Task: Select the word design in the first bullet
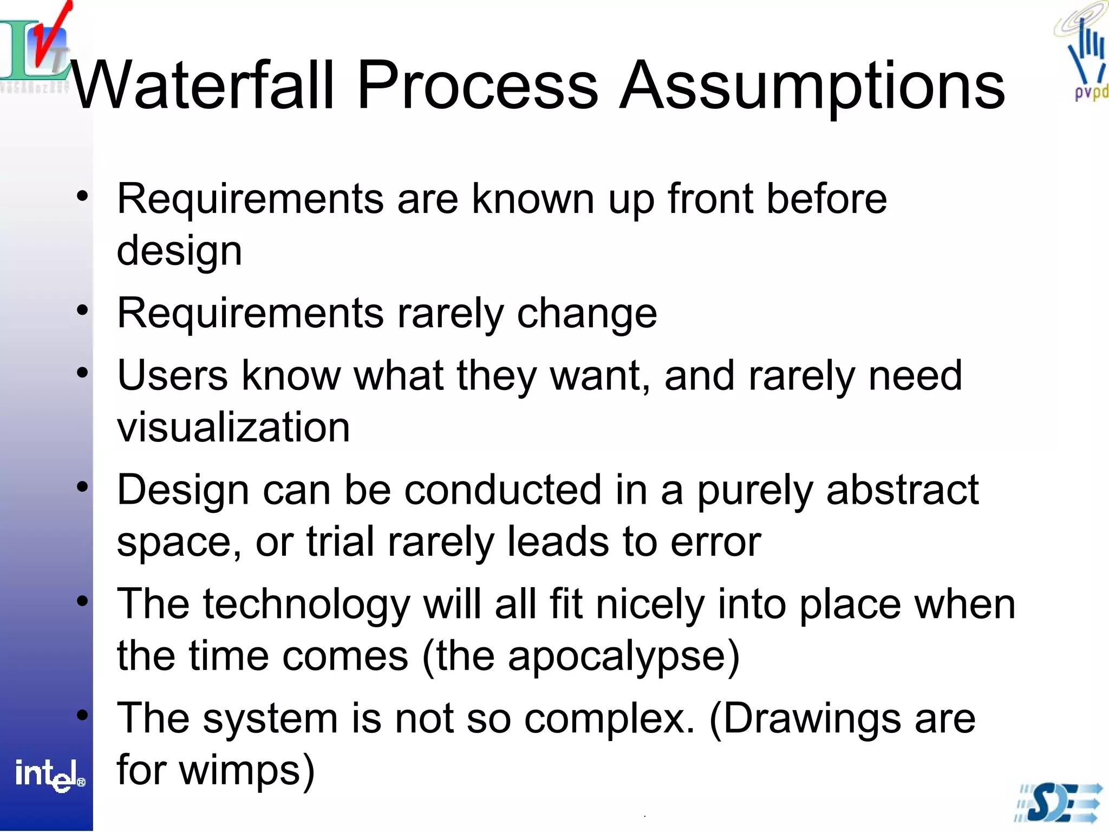(x=179, y=252)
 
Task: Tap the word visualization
(x=233, y=427)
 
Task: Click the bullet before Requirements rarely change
(x=82, y=310)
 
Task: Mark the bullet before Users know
(x=82, y=373)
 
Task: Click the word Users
(x=172, y=376)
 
